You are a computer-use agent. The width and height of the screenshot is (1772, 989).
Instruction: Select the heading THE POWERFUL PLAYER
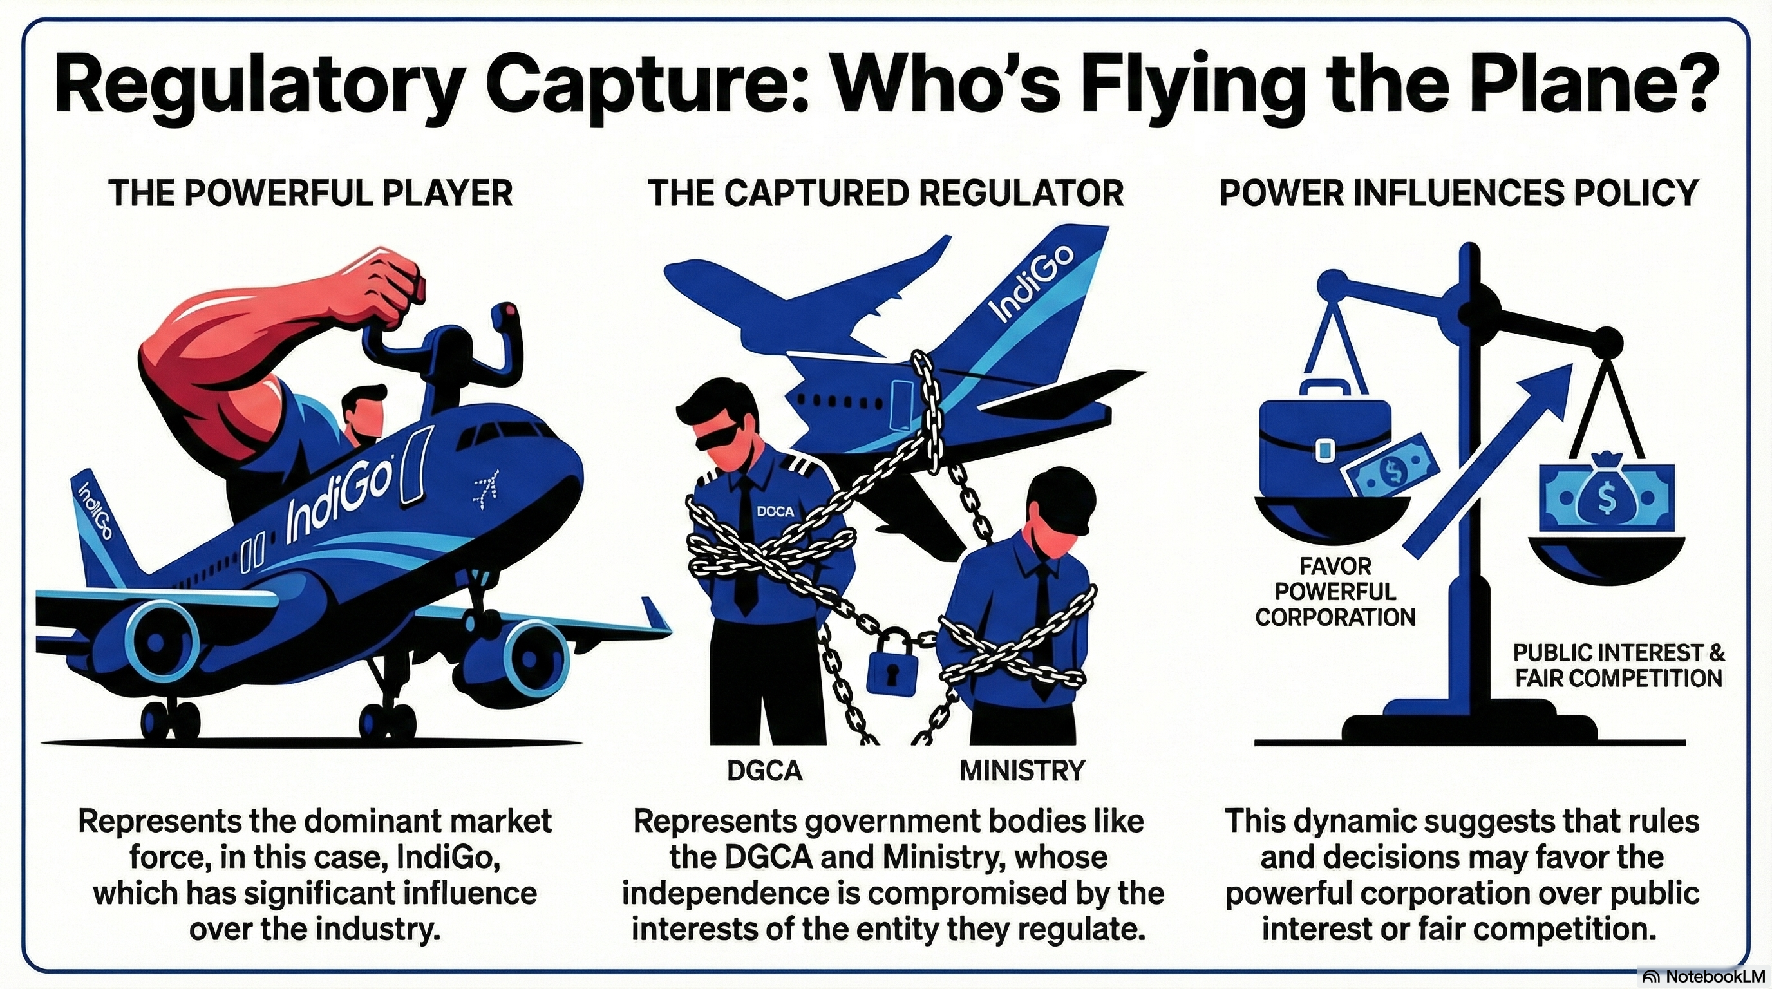point(310,193)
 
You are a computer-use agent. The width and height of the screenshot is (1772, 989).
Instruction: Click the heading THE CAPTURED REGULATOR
point(886,193)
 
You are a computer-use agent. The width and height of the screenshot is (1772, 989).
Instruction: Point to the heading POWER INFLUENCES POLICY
point(1459,193)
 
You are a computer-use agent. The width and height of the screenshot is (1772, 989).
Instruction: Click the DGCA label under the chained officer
point(765,770)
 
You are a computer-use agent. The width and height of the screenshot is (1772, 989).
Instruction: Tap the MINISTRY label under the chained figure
point(1023,770)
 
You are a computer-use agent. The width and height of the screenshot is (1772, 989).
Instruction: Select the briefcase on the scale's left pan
point(1324,440)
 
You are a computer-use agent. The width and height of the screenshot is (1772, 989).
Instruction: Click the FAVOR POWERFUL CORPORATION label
point(1335,592)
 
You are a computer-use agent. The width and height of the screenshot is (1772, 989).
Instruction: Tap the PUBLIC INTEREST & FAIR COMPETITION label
point(1618,665)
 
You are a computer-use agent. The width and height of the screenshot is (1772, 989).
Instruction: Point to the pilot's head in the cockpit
point(362,413)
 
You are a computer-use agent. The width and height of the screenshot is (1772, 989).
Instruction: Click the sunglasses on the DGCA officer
point(722,438)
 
